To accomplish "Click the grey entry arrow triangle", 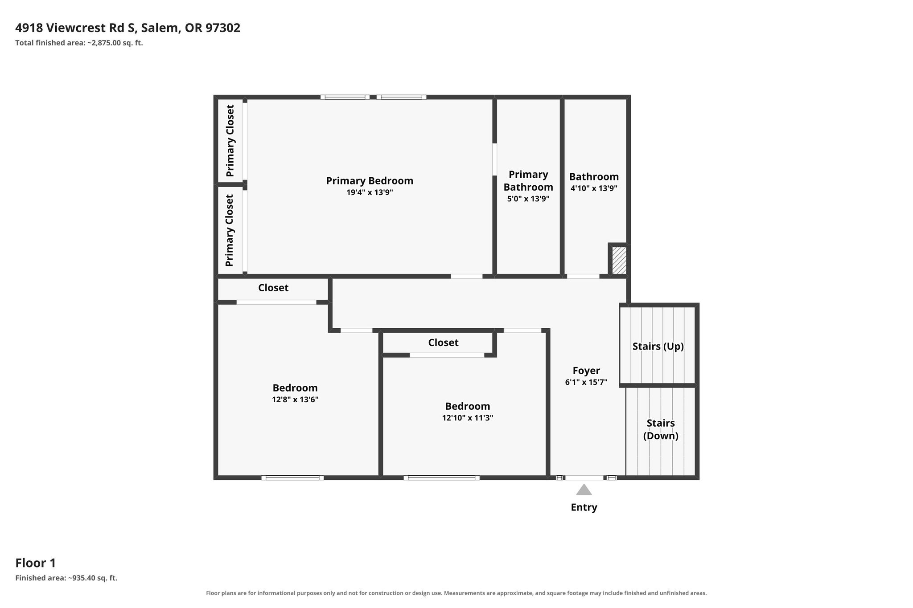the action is (x=584, y=490).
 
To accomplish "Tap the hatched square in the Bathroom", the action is (x=619, y=261).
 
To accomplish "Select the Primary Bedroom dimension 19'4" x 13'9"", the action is (x=370, y=192).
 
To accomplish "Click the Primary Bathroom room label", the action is (x=528, y=181).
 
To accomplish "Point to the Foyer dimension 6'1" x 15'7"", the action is (x=586, y=382).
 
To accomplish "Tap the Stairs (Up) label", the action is (x=658, y=346).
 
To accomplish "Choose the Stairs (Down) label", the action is (x=661, y=429).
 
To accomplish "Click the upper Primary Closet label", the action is (x=230, y=141).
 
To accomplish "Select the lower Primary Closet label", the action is (x=230, y=230).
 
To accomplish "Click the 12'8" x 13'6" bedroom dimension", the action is (x=295, y=400).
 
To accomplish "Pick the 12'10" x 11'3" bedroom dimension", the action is (x=468, y=418).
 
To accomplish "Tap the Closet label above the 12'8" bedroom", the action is (x=273, y=288).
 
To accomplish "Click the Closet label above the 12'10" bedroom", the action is (x=443, y=343).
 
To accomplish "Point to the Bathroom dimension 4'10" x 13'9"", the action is (x=594, y=188).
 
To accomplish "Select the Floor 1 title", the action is (x=36, y=563).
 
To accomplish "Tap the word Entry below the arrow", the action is (x=584, y=507).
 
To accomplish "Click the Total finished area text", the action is (x=79, y=43).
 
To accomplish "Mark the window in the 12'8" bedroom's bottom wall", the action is (x=292, y=478).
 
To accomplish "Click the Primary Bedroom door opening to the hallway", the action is (x=466, y=276).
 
